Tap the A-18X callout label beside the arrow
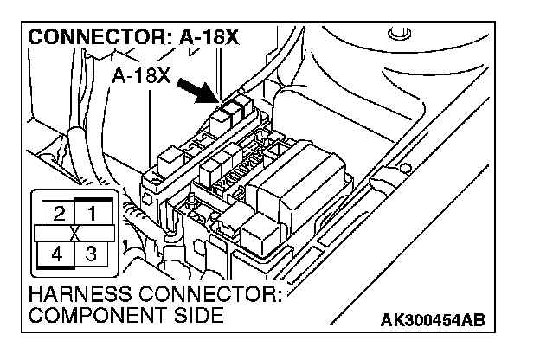click(x=140, y=76)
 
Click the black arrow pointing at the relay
click(x=196, y=90)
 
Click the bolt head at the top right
click(x=398, y=36)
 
